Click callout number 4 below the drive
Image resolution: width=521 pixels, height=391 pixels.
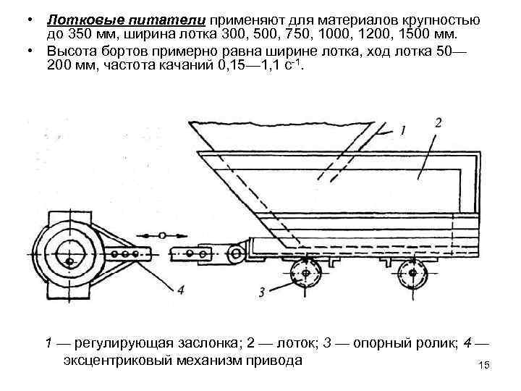click(180, 289)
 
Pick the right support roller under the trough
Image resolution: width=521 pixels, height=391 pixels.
click(412, 274)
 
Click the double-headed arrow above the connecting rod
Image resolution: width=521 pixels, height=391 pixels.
click(161, 235)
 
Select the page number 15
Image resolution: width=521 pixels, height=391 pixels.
click(485, 366)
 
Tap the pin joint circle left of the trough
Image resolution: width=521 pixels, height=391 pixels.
click(235, 253)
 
